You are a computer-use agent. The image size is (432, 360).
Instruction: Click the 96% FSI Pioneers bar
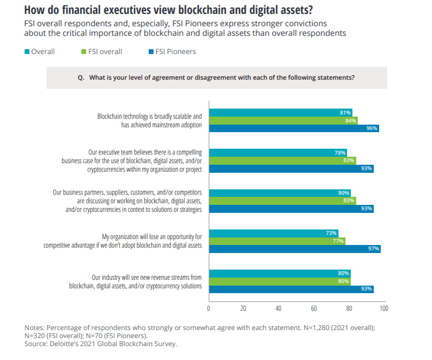coord(294,128)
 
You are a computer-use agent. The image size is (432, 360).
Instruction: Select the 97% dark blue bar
coord(295,249)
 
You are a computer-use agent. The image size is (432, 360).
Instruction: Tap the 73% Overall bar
coord(273,233)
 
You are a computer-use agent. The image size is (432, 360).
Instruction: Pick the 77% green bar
coord(277,241)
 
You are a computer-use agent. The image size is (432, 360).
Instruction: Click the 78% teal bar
coord(277,152)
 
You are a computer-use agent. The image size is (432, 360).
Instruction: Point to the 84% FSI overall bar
coord(283,120)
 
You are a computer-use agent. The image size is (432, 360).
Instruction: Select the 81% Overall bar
coord(280,112)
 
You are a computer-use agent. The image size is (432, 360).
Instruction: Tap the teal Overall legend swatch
coord(27,52)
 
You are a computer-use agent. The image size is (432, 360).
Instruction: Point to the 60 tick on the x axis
coord(314,308)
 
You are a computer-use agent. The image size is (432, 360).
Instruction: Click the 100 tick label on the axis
coord(383,308)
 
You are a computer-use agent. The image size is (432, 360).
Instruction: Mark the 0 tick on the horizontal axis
coord(209,308)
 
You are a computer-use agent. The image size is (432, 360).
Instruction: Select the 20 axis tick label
coord(243,308)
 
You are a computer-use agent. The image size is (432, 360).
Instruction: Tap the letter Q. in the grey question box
coord(81,78)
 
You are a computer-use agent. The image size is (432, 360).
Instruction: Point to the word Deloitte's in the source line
coord(67,343)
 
